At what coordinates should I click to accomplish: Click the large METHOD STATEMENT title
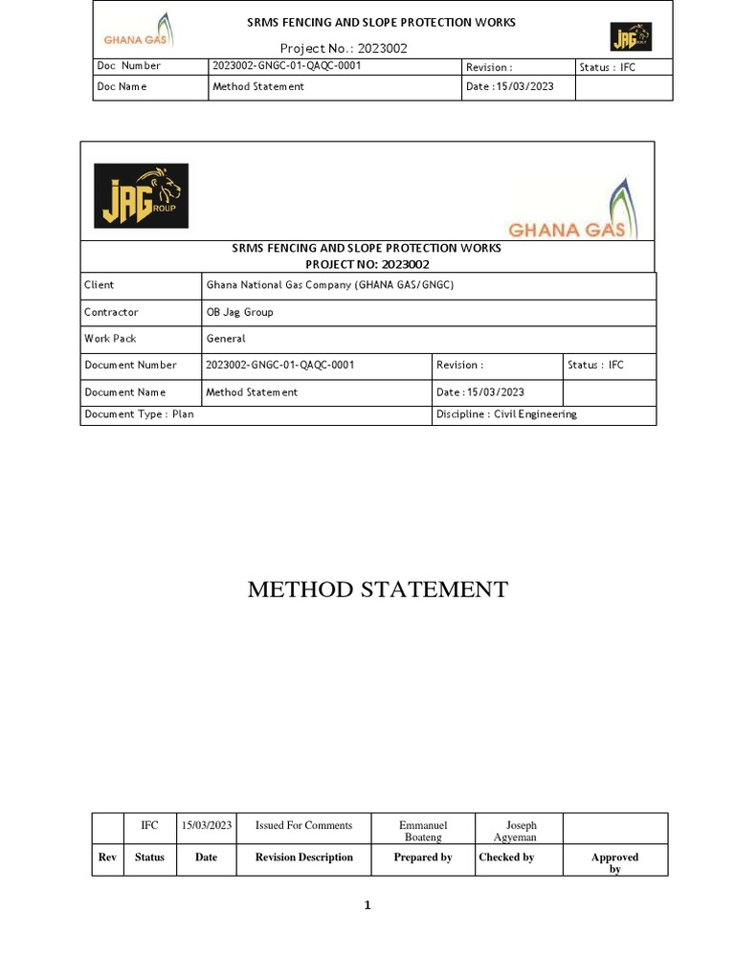coord(378,589)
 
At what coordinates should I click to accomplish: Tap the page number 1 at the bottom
coord(367,906)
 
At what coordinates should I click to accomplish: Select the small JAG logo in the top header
coord(631,37)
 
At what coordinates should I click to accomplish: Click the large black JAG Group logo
coord(141,195)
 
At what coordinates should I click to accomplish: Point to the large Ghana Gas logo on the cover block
coord(568,208)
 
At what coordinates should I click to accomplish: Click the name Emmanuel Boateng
coord(423,831)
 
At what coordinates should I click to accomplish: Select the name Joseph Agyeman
coord(521,831)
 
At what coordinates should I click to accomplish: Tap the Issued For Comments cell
coord(303,825)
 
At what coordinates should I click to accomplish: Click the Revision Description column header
coord(303,857)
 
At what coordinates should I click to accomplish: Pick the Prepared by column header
coord(423,857)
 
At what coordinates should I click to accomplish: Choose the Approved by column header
coord(614,862)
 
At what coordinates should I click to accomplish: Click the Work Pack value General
coord(227,339)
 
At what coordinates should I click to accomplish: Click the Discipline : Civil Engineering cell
coord(506,414)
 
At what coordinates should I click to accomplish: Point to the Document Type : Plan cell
coord(139,414)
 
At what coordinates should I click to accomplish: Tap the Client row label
coord(100,285)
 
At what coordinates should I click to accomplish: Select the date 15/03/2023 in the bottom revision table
coord(206,825)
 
